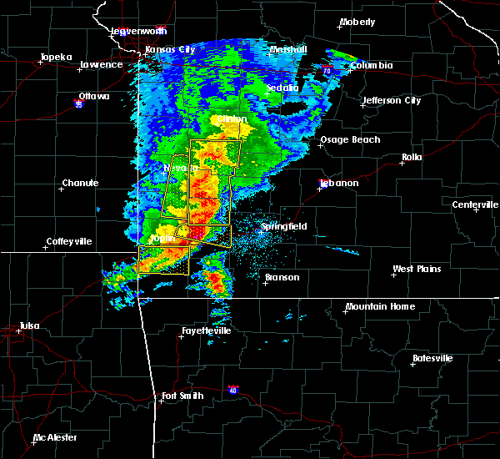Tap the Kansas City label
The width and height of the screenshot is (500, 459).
pos(170,49)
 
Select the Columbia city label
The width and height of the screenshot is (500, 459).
pos(371,64)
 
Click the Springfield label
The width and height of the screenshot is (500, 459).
pos(284,226)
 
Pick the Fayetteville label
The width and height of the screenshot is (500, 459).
pos(205,330)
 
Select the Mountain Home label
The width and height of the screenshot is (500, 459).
pos(380,306)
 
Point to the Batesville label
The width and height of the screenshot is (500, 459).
pos(434,358)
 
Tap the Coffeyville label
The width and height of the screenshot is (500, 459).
pos(72,241)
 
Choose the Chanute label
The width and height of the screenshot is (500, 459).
pos(80,183)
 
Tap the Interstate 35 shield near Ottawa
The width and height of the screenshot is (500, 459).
pos(79,104)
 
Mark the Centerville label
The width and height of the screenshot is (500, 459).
pos(475,204)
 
